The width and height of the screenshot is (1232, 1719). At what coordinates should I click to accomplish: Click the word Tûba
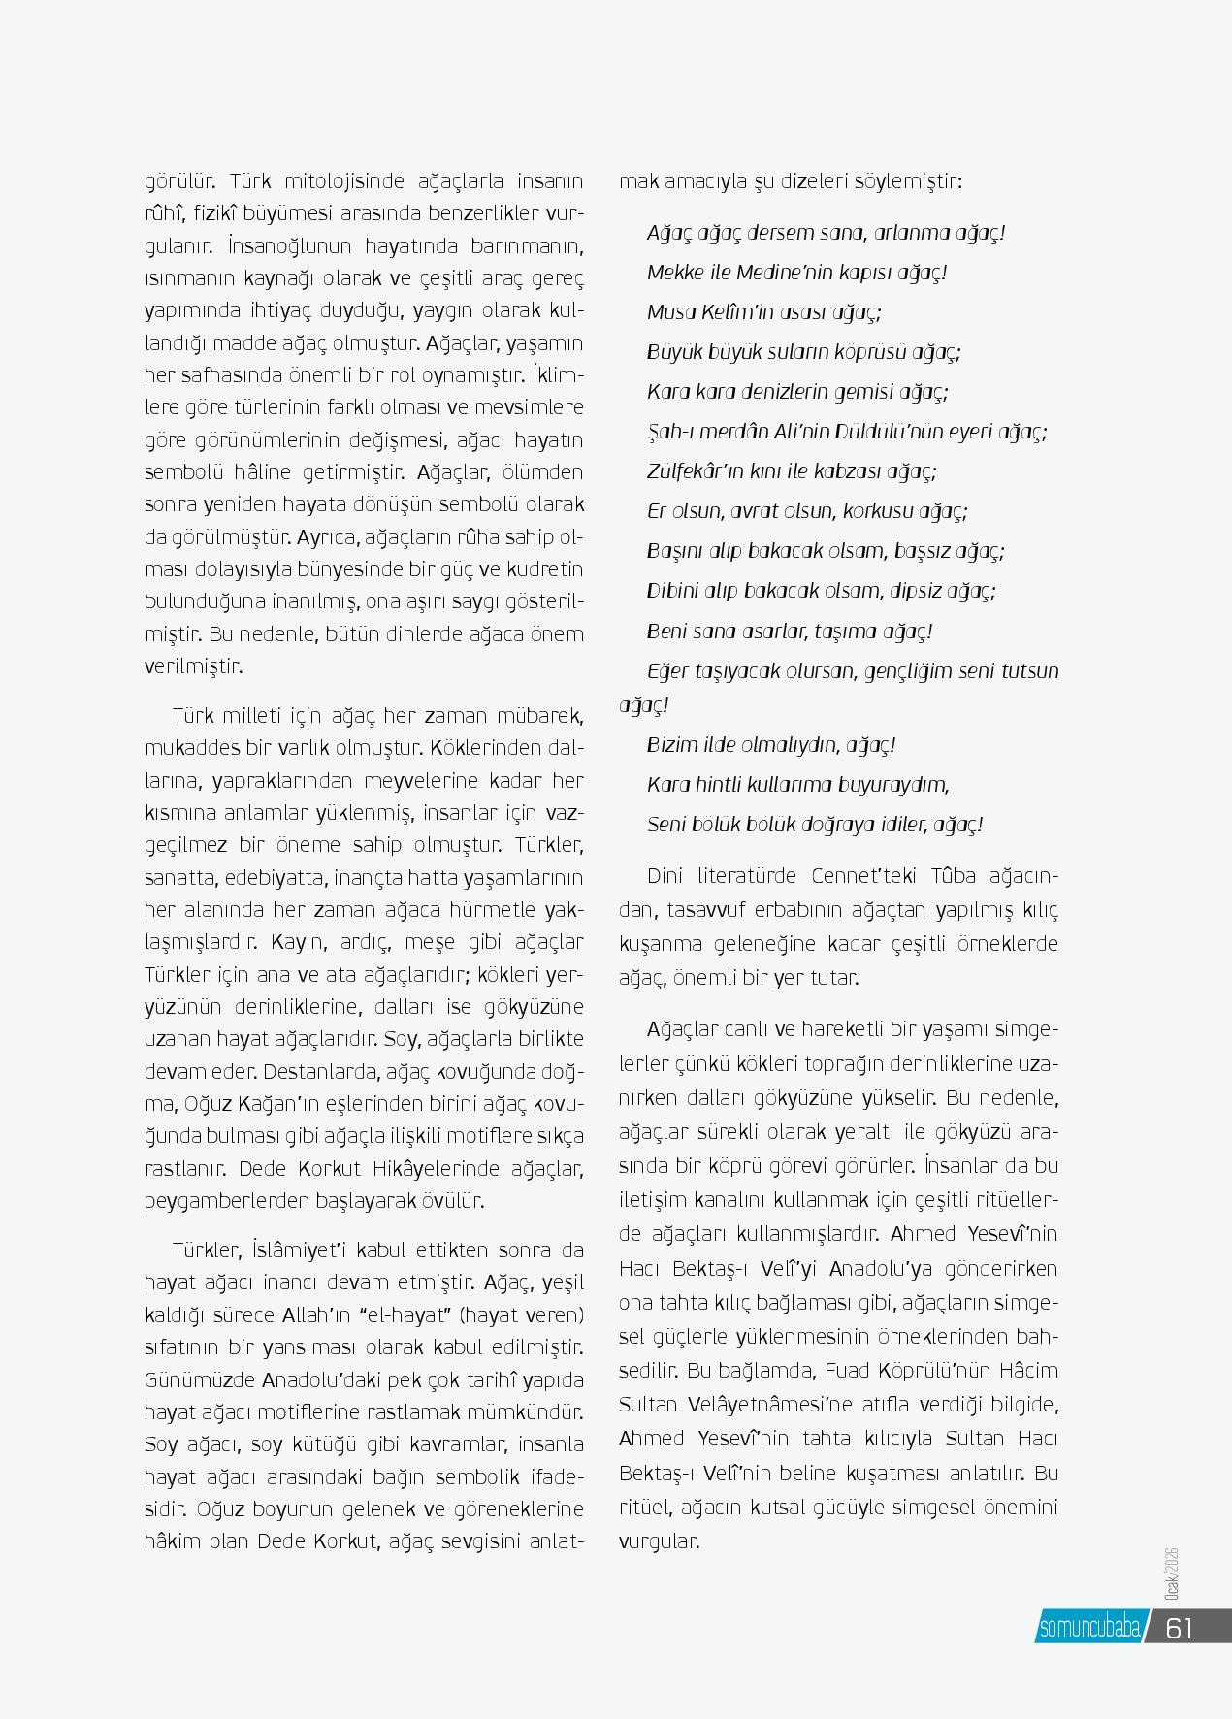(x=955, y=876)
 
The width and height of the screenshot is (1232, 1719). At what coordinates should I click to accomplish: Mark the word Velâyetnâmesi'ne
(x=750, y=1405)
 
